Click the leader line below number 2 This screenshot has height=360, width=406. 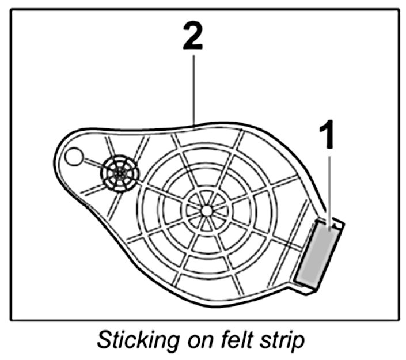click(x=194, y=86)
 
